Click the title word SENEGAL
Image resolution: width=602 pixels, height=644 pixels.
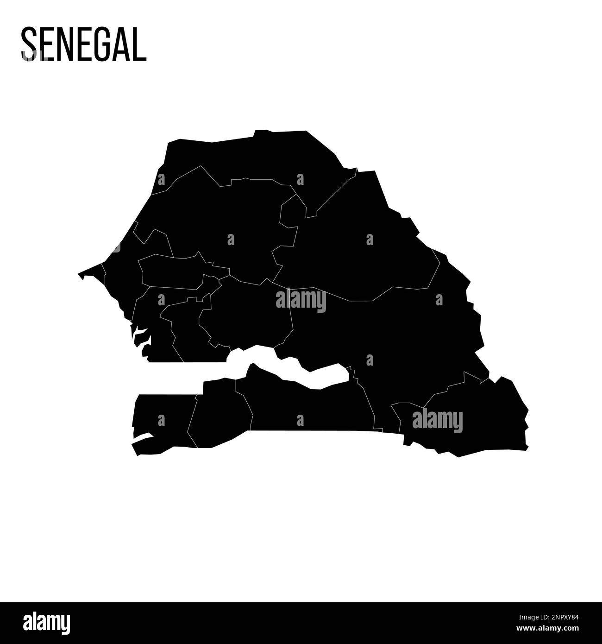pyautogui.click(x=83, y=44)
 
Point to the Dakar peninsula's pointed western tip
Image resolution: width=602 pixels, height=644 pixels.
pyautogui.click(x=80, y=274)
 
